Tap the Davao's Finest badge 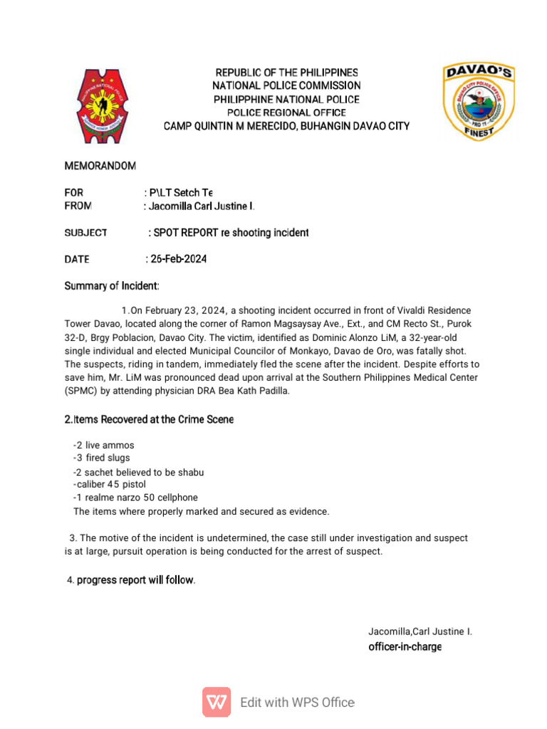(x=479, y=102)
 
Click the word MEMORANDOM (x=100, y=166)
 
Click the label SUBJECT (x=85, y=233)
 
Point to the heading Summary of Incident (x=112, y=286)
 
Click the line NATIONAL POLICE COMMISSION (x=287, y=86)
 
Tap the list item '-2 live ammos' (x=103, y=445)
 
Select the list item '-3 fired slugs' (x=102, y=458)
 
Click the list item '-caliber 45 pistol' (x=110, y=484)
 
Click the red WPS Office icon (x=217, y=702)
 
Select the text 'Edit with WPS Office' (x=297, y=703)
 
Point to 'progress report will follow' (x=135, y=580)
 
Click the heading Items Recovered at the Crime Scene (x=149, y=420)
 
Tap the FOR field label (x=74, y=193)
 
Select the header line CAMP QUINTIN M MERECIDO (x=286, y=126)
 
